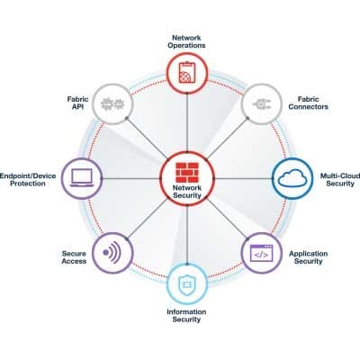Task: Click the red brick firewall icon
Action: coord(187,173)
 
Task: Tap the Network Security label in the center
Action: coord(187,192)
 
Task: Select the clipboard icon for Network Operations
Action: coord(187,72)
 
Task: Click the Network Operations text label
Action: coord(186,41)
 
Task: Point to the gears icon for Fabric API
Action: coord(112,104)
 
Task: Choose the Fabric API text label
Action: coord(77,103)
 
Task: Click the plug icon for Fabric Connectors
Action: coord(262,104)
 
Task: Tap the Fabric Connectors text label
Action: coord(309,103)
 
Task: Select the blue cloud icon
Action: coord(292,179)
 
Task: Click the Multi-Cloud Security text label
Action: coord(340,180)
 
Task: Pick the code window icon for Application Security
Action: coord(262,253)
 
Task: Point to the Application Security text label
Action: coord(309,257)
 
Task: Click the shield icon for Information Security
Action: coord(187,283)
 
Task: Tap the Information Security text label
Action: coord(186,316)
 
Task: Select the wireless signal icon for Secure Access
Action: coord(112,253)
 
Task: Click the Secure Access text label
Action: coord(74,257)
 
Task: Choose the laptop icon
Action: coord(82,178)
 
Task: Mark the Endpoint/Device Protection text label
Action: coord(28,179)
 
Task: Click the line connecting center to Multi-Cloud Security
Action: coord(244,179)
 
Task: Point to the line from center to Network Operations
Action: coord(187,122)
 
